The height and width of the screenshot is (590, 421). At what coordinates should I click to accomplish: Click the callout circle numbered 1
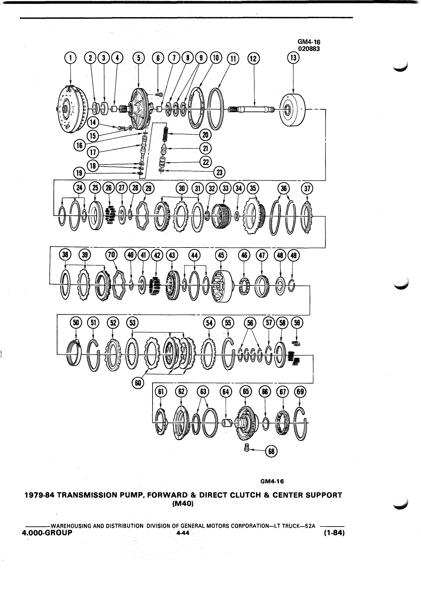pyautogui.click(x=70, y=58)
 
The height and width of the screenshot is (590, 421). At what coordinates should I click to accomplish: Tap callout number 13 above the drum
pyautogui.click(x=294, y=58)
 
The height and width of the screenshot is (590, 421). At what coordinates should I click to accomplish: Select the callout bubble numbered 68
pyautogui.click(x=271, y=452)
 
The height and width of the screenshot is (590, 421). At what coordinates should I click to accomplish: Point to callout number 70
pyautogui.click(x=112, y=255)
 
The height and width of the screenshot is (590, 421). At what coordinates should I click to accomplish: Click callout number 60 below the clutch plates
pyautogui.click(x=138, y=382)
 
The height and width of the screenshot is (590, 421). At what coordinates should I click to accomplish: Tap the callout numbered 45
pyautogui.click(x=221, y=255)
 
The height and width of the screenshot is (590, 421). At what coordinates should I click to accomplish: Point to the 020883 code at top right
pyautogui.click(x=309, y=48)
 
